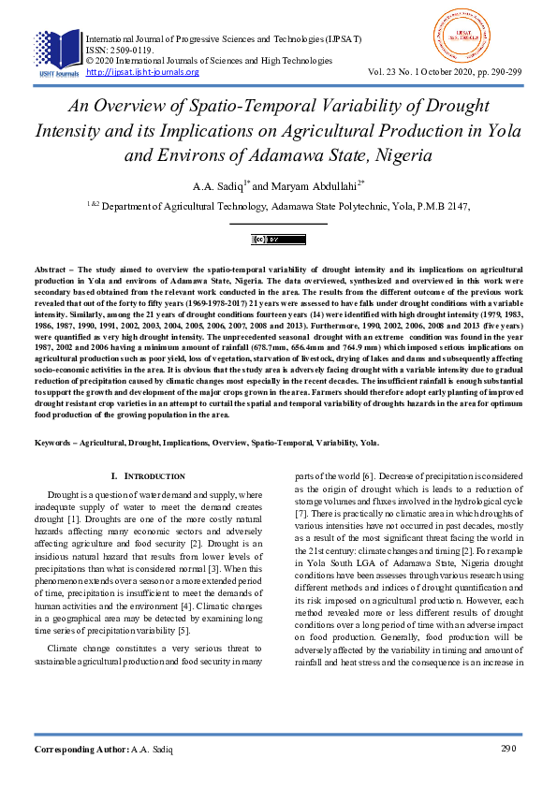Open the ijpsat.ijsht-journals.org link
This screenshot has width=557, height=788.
[142, 72]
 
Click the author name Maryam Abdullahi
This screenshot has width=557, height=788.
[323, 185]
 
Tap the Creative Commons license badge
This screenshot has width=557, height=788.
[278, 241]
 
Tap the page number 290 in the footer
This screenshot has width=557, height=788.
[508, 749]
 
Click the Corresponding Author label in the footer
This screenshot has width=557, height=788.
[80, 749]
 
